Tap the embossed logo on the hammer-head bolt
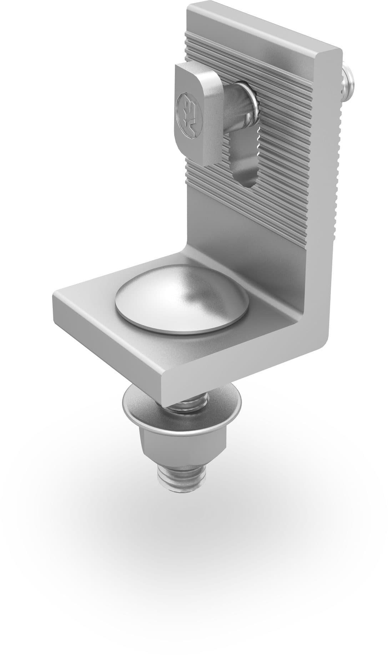click(188, 115)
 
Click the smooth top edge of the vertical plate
click(264, 25)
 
